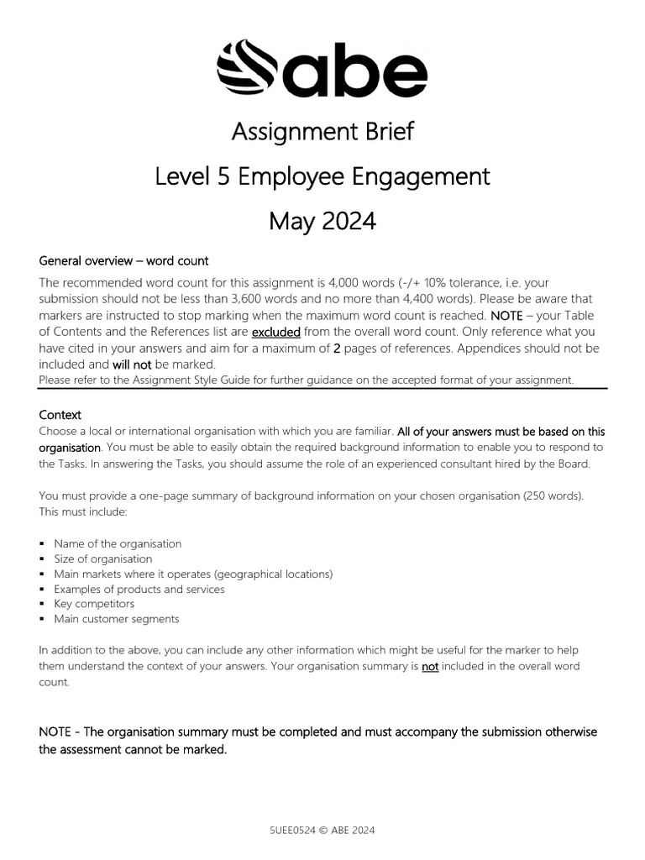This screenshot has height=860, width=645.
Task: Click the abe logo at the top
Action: tap(322, 69)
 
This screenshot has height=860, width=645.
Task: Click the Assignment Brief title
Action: tap(322, 132)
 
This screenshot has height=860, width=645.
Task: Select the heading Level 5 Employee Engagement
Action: tap(322, 176)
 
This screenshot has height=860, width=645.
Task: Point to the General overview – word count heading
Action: tap(123, 260)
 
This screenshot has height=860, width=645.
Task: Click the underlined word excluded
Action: tap(276, 332)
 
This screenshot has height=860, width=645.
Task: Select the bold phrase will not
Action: tap(131, 364)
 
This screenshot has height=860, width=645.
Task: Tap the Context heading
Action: tap(60, 415)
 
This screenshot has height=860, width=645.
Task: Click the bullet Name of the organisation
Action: tap(118, 543)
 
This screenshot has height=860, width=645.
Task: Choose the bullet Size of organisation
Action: tap(103, 558)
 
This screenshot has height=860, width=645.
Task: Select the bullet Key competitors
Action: tap(94, 604)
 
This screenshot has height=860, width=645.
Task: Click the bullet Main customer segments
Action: tap(117, 619)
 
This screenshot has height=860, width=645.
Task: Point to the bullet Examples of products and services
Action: tap(139, 589)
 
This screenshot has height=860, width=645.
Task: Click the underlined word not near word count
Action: tap(430, 666)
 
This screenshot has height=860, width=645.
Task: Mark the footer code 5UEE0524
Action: tap(291, 830)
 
